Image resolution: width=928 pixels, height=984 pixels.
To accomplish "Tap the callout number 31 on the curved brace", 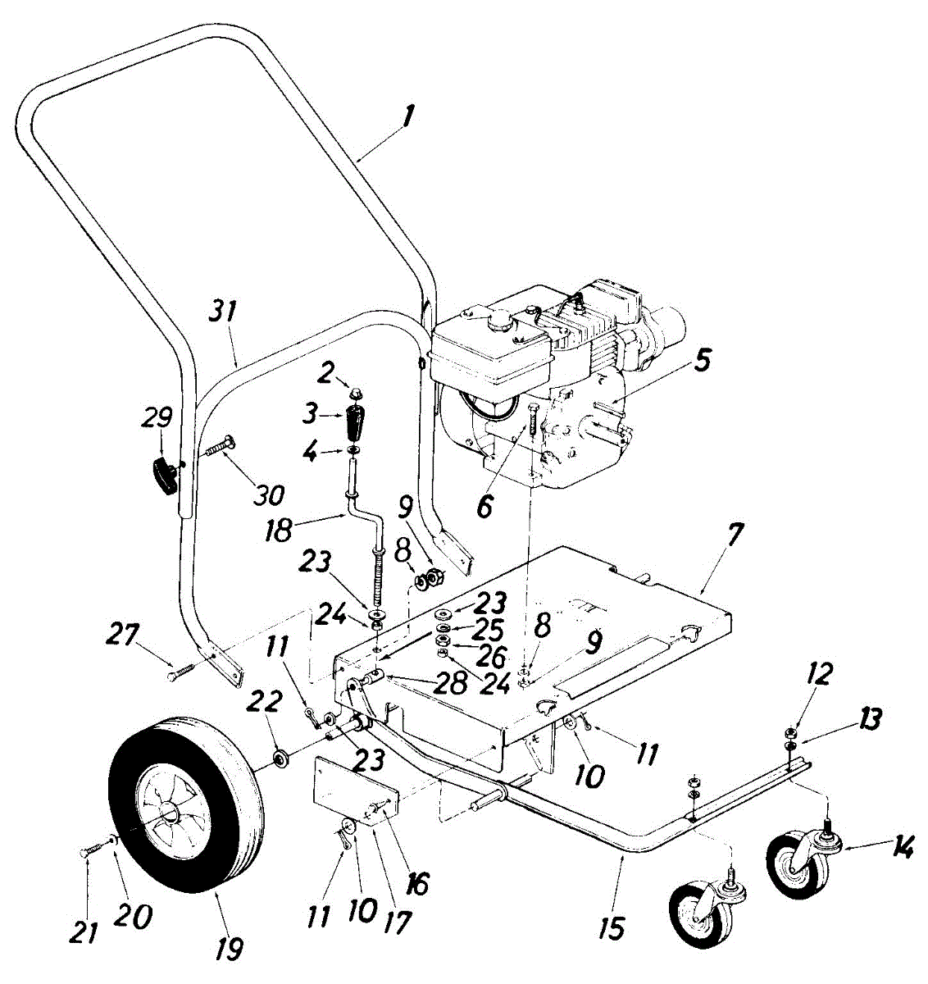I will [224, 313].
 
